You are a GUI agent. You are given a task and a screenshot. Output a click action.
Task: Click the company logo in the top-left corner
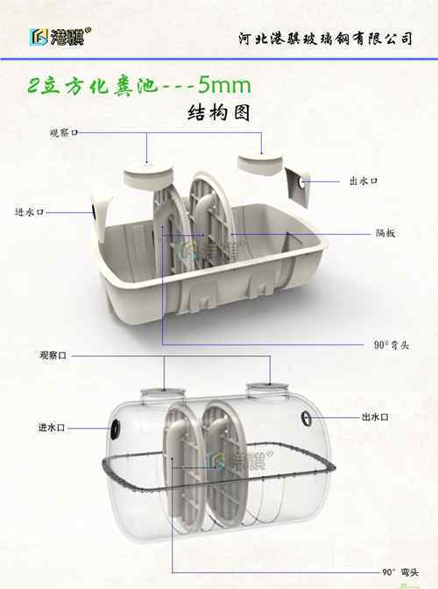tap(60, 37)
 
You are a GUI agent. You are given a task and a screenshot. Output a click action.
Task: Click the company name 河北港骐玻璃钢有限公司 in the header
tap(325, 39)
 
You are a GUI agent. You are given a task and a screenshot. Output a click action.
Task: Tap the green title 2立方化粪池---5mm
tap(139, 86)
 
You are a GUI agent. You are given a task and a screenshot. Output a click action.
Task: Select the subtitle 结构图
tap(219, 113)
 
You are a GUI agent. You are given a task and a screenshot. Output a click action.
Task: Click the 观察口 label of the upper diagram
tap(64, 132)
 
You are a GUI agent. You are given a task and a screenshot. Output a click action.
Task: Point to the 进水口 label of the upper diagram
tap(29, 212)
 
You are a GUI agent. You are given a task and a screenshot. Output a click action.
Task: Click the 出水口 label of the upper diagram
tap(364, 181)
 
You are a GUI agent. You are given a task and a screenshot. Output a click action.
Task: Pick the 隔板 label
tap(385, 233)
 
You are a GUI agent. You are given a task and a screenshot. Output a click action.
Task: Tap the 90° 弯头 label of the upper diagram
tap(391, 344)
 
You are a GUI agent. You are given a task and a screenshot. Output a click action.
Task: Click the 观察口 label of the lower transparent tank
tap(53, 355)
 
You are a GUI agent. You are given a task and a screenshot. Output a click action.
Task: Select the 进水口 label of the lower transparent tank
tap(52, 428)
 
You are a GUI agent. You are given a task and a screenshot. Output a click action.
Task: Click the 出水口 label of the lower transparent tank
tap(375, 417)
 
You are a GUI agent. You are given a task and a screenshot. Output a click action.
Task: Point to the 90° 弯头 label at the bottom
tap(400, 572)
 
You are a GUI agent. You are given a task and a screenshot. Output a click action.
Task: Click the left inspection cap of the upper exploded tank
tap(148, 175)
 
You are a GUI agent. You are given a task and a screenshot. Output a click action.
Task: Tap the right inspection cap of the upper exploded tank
tap(260, 164)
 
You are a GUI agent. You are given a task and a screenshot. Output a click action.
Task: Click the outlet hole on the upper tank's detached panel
tap(301, 183)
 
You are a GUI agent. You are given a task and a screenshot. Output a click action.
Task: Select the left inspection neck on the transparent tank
tap(163, 396)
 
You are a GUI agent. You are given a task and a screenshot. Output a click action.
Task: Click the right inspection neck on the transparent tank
tap(268, 391)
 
